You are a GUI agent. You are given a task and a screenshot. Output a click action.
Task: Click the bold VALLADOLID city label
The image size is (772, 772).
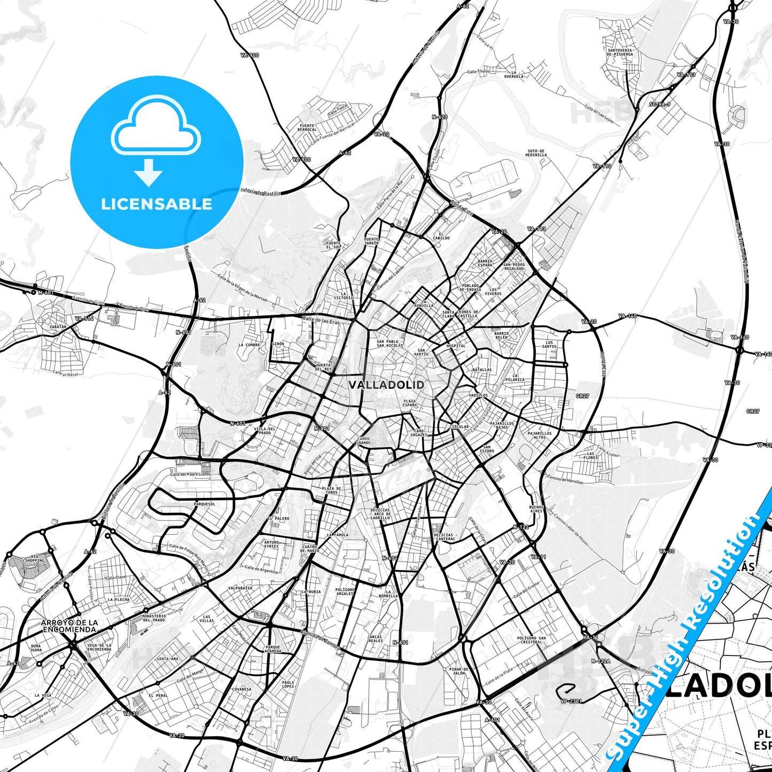[x=386, y=385]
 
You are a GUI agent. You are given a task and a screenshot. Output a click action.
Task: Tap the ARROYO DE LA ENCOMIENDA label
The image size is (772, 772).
[x=69, y=626]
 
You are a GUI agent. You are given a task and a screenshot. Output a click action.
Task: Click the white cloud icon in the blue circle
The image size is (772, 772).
[x=155, y=126]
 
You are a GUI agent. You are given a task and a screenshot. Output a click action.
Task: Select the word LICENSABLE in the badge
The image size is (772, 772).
[x=157, y=204]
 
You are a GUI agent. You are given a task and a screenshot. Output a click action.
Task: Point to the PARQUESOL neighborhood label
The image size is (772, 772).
[x=204, y=504]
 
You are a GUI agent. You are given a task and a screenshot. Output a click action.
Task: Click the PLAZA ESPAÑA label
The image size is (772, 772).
[x=410, y=403]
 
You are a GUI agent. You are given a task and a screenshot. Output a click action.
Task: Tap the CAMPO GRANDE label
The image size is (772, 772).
[x=363, y=441]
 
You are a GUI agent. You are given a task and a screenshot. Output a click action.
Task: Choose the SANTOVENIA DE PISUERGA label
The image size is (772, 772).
[x=620, y=52]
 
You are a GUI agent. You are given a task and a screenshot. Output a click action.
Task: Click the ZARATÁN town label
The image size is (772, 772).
[x=58, y=326]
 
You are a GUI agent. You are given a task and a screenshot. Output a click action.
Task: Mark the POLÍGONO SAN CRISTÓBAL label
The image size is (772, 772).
[x=532, y=640]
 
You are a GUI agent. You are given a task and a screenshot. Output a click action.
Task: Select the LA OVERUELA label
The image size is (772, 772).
[x=514, y=74]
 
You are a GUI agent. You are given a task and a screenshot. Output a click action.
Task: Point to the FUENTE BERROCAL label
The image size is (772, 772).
[x=307, y=128]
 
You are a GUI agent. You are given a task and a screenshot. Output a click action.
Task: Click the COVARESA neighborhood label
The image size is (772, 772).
[x=241, y=689]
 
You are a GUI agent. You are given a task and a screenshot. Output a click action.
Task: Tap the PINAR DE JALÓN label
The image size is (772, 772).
[x=458, y=671]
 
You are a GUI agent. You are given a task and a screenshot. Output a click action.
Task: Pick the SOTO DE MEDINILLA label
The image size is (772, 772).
[x=535, y=153]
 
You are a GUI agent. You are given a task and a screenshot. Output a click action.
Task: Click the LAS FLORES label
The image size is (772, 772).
[x=590, y=455]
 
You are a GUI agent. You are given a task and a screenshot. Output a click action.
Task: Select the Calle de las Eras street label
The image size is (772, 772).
[x=321, y=321]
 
